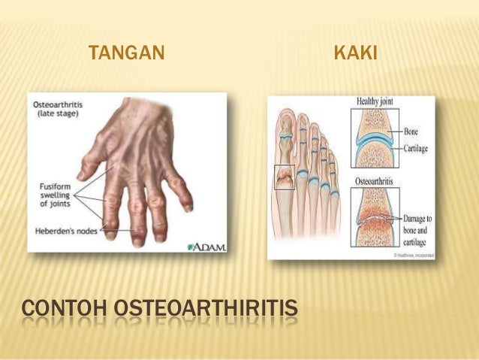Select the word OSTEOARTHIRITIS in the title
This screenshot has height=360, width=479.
[209, 310]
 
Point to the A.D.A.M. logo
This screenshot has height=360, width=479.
[206, 246]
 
